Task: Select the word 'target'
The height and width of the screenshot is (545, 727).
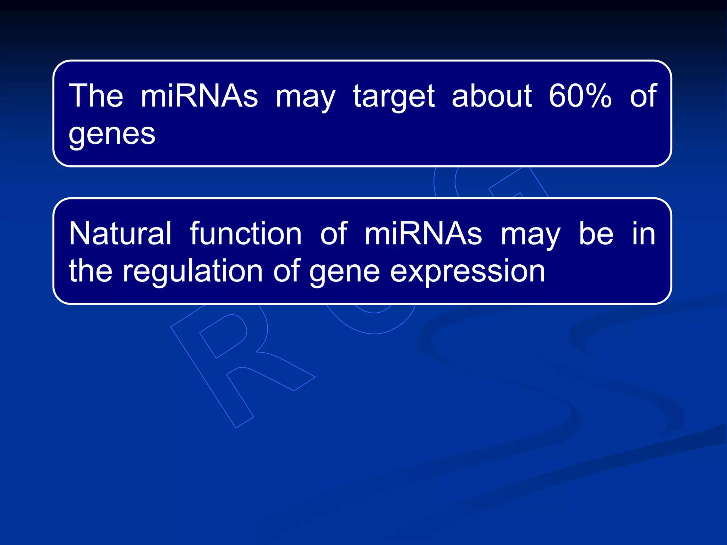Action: click(x=394, y=97)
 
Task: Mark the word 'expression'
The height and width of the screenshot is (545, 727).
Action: click(x=468, y=272)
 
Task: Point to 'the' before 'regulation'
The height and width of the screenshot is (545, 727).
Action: click(x=90, y=271)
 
